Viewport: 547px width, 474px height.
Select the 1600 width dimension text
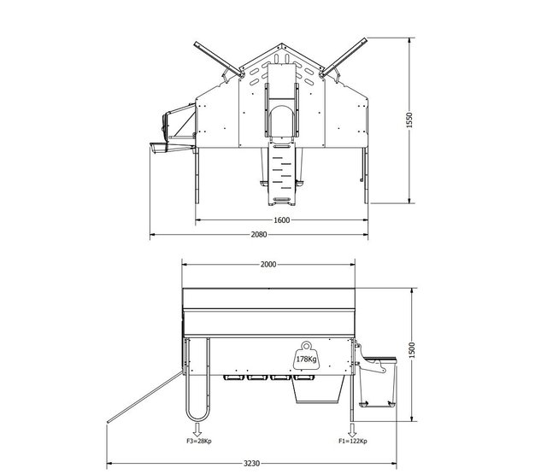[281, 219]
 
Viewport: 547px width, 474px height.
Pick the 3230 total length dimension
[251, 462]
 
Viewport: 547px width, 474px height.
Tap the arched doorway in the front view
[280, 120]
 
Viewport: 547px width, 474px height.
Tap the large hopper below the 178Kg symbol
[319, 389]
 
